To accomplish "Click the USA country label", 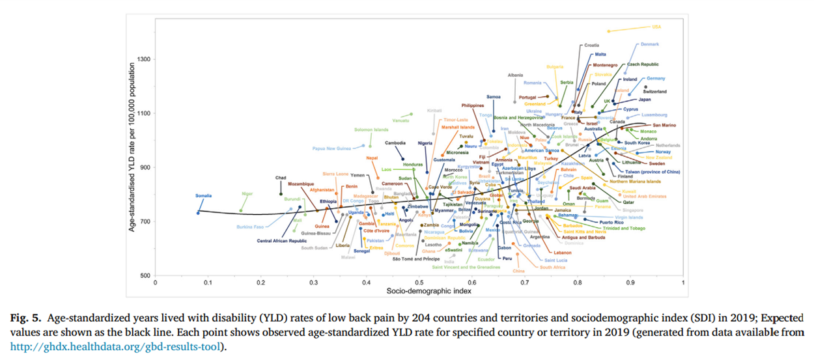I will pyautogui.click(x=656, y=27).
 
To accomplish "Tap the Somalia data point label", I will pyautogui.click(x=203, y=196).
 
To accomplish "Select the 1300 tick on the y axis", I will pyautogui.click(x=144, y=59).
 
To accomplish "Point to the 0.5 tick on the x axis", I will pyautogui.click(x=419, y=282).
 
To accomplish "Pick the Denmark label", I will pyautogui.click(x=650, y=44).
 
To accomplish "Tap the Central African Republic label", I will pyautogui.click(x=282, y=241).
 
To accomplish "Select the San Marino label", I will pyautogui.click(x=665, y=125).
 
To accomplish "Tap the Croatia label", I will pyautogui.click(x=591, y=46).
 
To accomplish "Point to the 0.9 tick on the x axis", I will pyautogui.click(x=630, y=282).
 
